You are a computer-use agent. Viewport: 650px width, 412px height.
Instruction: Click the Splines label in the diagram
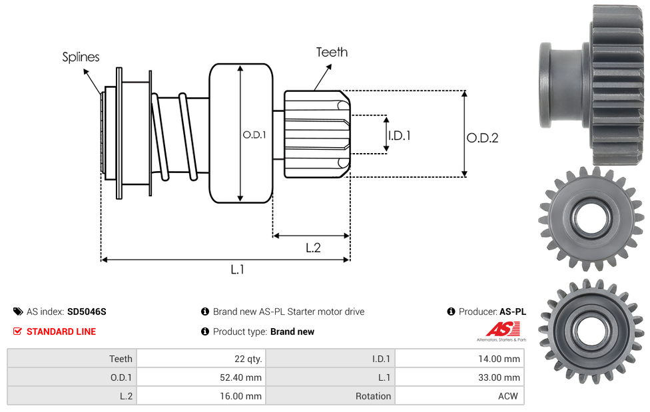(81, 57)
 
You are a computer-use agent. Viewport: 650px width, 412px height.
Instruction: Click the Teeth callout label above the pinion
(332, 52)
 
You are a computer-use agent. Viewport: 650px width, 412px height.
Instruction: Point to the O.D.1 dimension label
(254, 134)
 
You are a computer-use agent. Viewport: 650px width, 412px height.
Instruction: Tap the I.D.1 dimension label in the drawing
(399, 135)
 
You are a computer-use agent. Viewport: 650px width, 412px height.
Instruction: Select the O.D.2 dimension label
(482, 138)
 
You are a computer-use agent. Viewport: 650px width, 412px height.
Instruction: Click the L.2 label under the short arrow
(313, 248)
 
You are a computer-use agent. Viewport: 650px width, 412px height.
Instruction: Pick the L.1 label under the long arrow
(238, 269)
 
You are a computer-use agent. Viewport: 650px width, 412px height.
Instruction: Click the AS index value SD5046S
(87, 311)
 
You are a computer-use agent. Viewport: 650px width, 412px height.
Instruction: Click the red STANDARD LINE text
(61, 331)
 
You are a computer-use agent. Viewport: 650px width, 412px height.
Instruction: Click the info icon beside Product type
(205, 331)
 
